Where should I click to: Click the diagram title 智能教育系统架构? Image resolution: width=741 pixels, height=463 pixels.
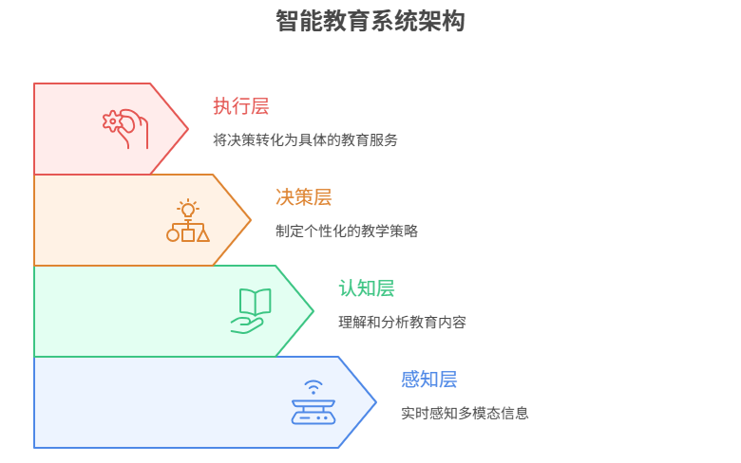(x=370, y=21)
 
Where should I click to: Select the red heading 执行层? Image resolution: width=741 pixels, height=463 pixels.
(x=240, y=106)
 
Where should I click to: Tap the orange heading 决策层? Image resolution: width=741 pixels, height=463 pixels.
(x=303, y=197)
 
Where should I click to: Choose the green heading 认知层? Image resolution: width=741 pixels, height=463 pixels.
(x=366, y=288)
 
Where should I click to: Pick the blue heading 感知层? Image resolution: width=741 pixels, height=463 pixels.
(x=428, y=380)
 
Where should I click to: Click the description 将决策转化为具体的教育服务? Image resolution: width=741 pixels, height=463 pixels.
(x=305, y=140)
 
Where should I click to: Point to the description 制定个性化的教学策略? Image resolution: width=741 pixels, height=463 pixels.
(x=346, y=231)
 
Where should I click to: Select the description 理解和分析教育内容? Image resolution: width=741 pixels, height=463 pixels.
(x=402, y=323)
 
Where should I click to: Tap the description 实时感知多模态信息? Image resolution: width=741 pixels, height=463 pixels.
(x=465, y=414)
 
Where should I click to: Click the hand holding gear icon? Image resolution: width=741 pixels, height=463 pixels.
(x=125, y=128)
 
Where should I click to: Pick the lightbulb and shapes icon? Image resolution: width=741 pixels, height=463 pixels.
(x=188, y=220)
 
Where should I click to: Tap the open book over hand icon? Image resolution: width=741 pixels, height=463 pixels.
(x=251, y=310)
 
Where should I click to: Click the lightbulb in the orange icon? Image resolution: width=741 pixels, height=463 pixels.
(x=188, y=209)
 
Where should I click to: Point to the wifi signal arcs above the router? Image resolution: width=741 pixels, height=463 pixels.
(x=313, y=386)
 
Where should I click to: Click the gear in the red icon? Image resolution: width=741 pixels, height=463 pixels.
(x=113, y=120)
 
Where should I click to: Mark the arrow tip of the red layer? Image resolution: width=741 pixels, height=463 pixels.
(x=186, y=129)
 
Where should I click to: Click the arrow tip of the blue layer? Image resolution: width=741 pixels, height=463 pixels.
(x=374, y=402)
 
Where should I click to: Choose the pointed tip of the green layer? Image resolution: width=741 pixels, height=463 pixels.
(x=312, y=311)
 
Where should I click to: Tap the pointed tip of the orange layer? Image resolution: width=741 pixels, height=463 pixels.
(x=249, y=220)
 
